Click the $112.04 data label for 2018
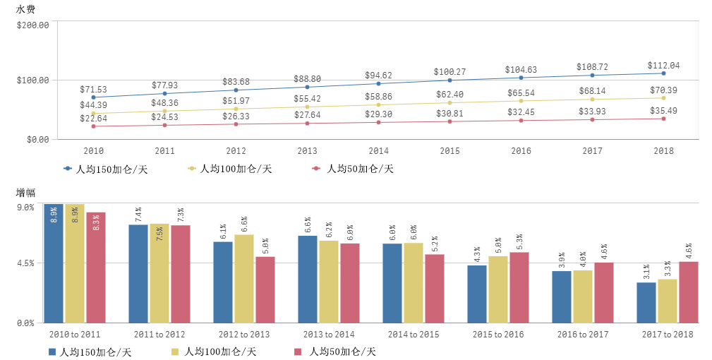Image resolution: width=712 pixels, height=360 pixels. coord(663,66)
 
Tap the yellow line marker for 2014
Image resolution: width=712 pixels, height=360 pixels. coord(378,104)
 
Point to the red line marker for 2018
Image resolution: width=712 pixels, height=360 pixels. coord(663,119)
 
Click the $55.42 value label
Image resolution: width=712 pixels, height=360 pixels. coord(307,98)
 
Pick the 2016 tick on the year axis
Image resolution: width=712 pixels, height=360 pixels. coord(521,151)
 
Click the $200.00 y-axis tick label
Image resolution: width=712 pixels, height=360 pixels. coord(32,25)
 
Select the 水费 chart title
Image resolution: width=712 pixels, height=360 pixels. coord(25,9)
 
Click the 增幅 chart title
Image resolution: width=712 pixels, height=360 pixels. coord(25,192)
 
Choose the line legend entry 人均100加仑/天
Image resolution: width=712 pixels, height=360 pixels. coord(229,169)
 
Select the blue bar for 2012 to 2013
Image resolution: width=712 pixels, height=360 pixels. coord(223,282)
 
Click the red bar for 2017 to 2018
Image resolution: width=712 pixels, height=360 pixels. coord(689,292)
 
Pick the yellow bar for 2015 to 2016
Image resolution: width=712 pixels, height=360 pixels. coord(498,289)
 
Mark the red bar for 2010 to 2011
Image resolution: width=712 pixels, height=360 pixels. coord(96,267)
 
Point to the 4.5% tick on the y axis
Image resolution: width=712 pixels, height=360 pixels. coord(26,263)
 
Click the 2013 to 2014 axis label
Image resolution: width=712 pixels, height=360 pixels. coord(329,334)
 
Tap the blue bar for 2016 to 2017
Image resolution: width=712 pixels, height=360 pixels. coord(562,296)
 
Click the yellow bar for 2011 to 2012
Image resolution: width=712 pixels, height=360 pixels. coord(159,272)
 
